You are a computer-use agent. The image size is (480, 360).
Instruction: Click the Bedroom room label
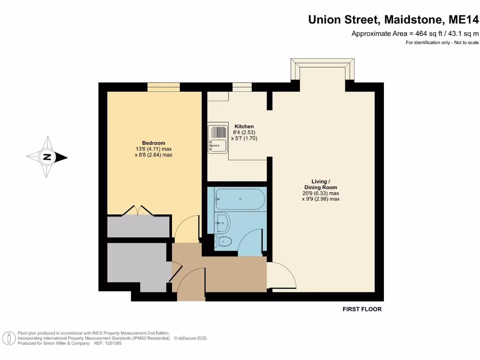point(153,143)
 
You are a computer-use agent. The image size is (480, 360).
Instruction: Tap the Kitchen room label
point(244,127)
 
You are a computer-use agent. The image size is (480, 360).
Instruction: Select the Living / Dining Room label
point(321,184)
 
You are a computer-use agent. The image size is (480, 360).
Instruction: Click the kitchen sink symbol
point(217,139)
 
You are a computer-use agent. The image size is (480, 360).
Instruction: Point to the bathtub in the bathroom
point(240,199)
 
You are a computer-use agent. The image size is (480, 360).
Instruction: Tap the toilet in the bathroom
point(224,242)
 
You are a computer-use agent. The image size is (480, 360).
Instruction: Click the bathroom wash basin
point(223,222)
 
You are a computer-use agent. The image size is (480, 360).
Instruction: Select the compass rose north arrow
point(47,157)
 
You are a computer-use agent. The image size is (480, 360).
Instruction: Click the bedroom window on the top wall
point(164,87)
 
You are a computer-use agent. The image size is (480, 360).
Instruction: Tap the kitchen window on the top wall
point(242,87)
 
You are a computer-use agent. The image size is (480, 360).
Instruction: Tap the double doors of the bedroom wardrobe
point(138,211)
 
